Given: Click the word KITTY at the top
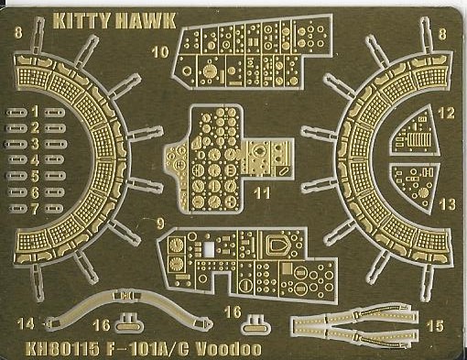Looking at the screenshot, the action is click(81, 21).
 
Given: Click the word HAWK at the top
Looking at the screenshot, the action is click(146, 21).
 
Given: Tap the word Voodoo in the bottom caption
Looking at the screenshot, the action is click(228, 349).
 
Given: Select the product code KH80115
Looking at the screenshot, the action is click(62, 349).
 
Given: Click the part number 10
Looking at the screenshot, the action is click(160, 52).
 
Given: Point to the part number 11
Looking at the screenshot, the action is click(262, 193).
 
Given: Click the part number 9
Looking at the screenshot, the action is click(160, 224).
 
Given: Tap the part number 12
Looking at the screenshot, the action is click(446, 114).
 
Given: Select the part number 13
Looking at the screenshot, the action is click(447, 204).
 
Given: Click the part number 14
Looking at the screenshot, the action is click(26, 323).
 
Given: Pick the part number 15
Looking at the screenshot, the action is click(435, 326).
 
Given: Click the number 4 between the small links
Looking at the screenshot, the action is click(36, 159).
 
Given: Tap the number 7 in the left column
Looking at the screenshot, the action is click(35, 209).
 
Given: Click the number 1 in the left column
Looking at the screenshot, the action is click(36, 112).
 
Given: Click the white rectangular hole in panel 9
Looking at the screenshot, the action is click(209, 248).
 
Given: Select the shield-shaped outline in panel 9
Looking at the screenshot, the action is click(277, 245).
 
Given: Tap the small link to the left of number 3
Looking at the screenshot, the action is click(16, 144).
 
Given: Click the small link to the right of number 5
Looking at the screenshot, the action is click(55, 176).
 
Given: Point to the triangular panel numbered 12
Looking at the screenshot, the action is click(416, 131).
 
